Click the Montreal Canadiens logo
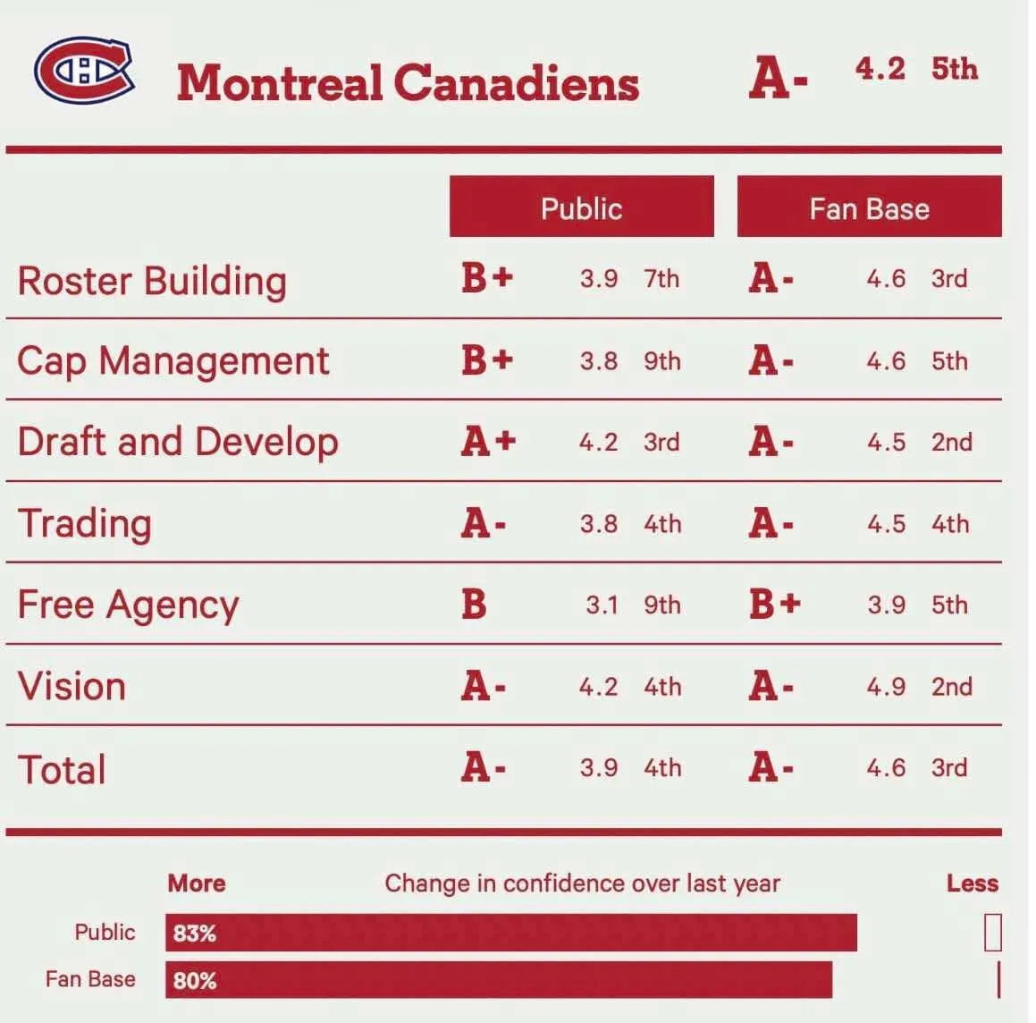(83, 70)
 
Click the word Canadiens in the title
(516, 83)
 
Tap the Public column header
(581, 207)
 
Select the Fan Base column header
(869, 207)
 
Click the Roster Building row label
(152, 281)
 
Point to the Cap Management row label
(173, 361)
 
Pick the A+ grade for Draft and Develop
(488, 442)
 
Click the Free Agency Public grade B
(474, 604)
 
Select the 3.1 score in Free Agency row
(602, 605)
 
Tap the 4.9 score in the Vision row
(885, 687)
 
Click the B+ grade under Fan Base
(774, 604)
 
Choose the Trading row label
(85, 524)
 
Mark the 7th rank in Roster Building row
(661, 279)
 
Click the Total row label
(62, 770)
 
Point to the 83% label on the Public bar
(195, 934)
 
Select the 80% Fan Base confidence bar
(499, 980)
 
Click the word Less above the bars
(972, 883)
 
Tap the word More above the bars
(197, 883)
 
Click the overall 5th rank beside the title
(954, 69)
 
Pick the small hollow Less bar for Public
(992, 933)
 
